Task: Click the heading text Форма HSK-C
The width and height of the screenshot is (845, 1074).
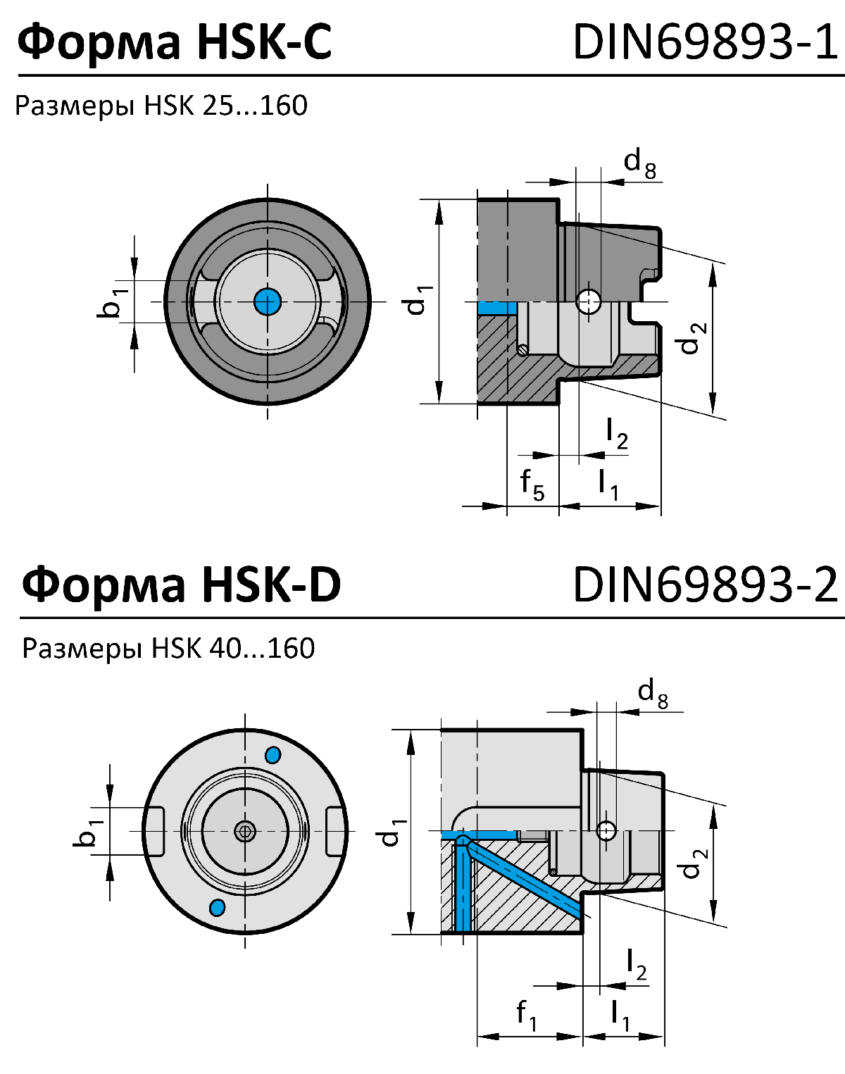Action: tap(174, 41)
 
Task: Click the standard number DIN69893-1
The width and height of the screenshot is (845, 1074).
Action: tap(706, 41)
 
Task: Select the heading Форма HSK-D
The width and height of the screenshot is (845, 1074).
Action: tap(181, 584)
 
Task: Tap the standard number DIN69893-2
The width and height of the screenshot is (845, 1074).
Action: tap(706, 584)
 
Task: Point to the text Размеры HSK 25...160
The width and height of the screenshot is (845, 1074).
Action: tap(161, 106)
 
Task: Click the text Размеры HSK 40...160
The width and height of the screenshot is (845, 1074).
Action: tap(168, 648)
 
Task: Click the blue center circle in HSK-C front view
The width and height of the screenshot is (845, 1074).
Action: tap(267, 301)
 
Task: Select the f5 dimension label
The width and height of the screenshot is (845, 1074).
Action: tap(532, 485)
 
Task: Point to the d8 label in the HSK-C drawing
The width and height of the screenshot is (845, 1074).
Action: tap(640, 163)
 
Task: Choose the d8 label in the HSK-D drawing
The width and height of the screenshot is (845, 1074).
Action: tap(653, 693)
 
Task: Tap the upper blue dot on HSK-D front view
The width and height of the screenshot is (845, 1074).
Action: tap(273, 755)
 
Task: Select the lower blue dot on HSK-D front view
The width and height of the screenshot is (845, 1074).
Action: tap(218, 907)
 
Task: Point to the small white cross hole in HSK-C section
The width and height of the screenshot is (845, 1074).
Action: tap(588, 301)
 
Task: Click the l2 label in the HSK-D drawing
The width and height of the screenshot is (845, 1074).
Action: tap(636, 964)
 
